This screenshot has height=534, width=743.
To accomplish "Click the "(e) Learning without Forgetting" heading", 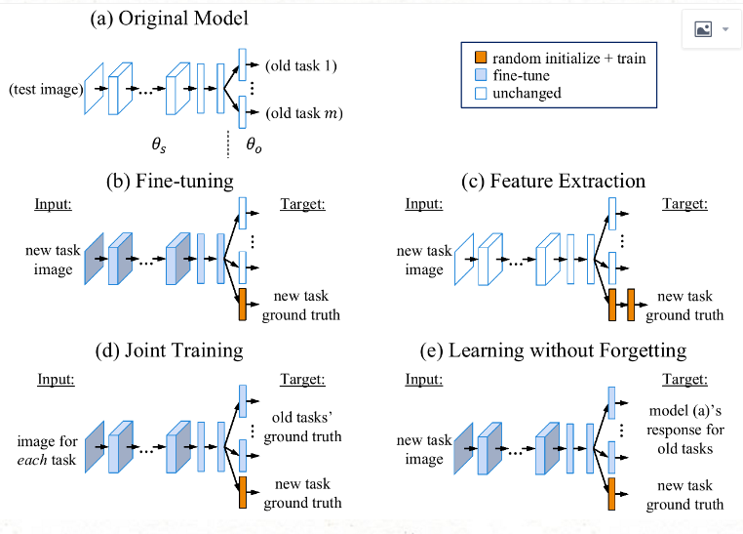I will pos(567,349).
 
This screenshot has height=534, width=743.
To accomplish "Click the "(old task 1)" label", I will pos(301,66).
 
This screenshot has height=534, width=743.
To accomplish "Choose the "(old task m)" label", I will pos(303,114).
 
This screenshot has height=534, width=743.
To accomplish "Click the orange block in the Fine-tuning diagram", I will pos(242,305).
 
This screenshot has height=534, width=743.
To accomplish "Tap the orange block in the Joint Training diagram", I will pos(242,491).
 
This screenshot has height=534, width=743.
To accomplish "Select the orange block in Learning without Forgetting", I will pos(611,494).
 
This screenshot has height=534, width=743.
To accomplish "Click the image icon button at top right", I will pos(711,29).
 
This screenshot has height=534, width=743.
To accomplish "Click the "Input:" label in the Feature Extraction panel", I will pos(423,204).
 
